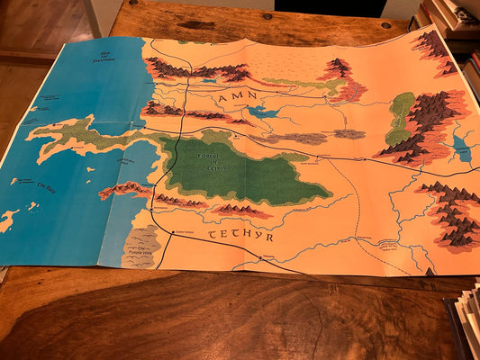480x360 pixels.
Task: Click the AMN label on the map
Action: pyautogui.click(x=240, y=94)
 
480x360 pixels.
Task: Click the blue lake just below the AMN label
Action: pyautogui.click(x=262, y=112)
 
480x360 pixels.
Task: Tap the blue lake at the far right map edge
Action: pyautogui.click(x=463, y=148)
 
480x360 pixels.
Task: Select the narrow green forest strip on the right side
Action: pyautogui.click(x=399, y=117)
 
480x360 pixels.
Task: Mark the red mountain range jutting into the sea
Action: pyautogui.click(x=126, y=189)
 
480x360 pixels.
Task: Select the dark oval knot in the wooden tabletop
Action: pyautogui.click(x=197, y=24)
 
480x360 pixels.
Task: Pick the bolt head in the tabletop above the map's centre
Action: pyautogui.click(x=267, y=16)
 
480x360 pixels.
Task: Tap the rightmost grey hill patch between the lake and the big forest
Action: pyautogui.click(x=349, y=134)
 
